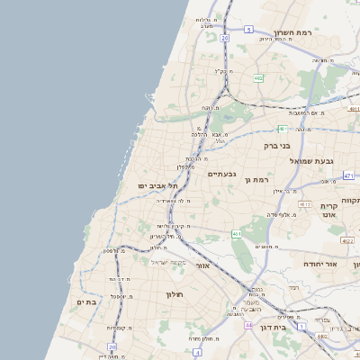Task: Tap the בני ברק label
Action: (277, 145)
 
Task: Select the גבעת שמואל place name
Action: (311, 160)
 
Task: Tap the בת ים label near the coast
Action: (86, 302)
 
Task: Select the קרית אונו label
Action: (328, 211)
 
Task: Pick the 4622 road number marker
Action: (347, 241)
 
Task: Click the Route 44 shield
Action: (247, 325)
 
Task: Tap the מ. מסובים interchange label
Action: (265, 246)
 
